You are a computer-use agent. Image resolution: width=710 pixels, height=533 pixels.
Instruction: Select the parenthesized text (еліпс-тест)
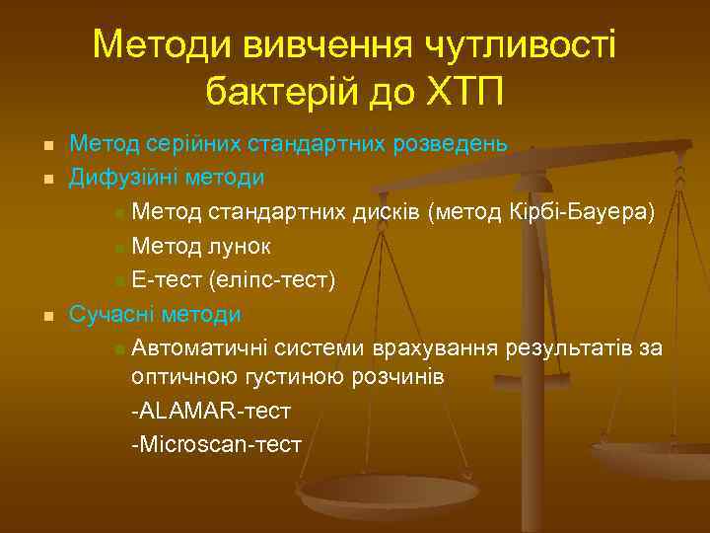(271, 281)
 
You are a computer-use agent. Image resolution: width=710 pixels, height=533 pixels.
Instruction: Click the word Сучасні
(106, 315)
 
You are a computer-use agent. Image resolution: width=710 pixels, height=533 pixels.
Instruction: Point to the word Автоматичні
(194, 348)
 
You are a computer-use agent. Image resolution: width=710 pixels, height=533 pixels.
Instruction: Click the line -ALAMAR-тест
(210, 411)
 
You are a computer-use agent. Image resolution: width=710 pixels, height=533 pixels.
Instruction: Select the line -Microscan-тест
(216, 444)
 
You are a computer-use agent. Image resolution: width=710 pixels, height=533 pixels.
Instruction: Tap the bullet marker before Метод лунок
(119, 248)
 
